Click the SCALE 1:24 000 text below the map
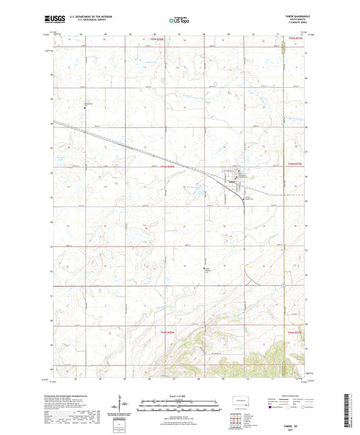[180, 395]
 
